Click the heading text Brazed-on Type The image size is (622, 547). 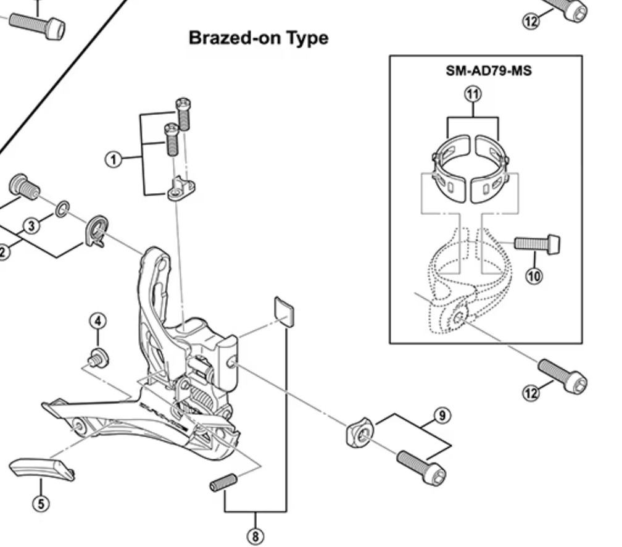[258, 38]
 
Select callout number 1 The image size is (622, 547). [113, 160]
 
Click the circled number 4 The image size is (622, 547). [97, 320]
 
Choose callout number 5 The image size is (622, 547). [41, 503]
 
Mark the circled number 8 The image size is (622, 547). [254, 536]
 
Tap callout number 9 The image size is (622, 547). [442, 415]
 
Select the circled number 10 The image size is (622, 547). [534, 275]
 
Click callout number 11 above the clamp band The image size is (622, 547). [473, 94]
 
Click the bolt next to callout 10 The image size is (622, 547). [537, 243]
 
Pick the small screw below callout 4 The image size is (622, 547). [96, 357]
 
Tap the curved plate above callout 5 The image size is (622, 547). [42, 469]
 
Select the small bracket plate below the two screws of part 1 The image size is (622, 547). [181, 188]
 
